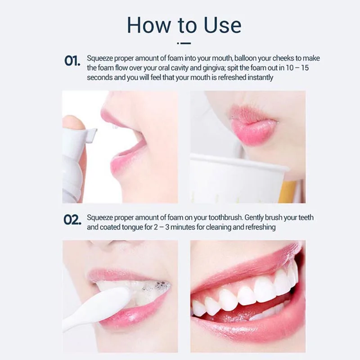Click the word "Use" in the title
(x=222, y=25)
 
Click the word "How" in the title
(x=148, y=25)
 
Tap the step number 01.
(x=72, y=61)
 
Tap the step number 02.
(x=72, y=220)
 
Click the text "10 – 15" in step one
(x=297, y=68)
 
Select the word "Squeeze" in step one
(x=100, y=58)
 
